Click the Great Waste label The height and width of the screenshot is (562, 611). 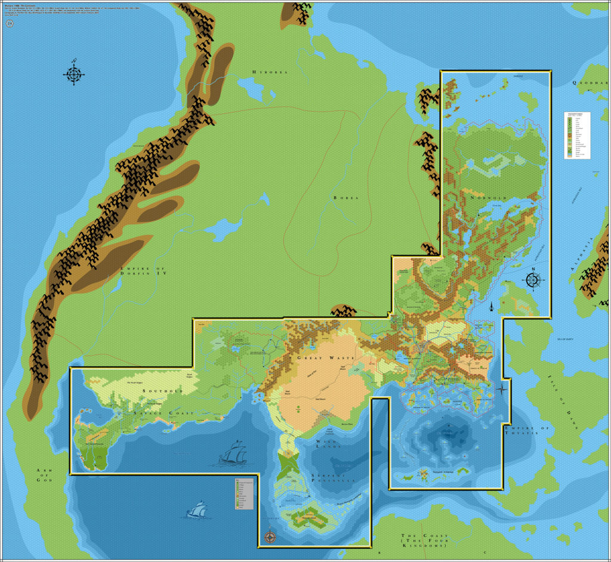pyautogui.click(x=325, y=358)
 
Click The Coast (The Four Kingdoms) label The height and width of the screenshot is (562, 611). pyautogui.click(x=424, y=541)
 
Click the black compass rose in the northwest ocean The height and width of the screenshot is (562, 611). pyautogui.click(x=73, y=74)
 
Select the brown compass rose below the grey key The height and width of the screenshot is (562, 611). pyautogui.click(x=270, y=537)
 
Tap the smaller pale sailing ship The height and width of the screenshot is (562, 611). pyautogui.click(x=197, y=510)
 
